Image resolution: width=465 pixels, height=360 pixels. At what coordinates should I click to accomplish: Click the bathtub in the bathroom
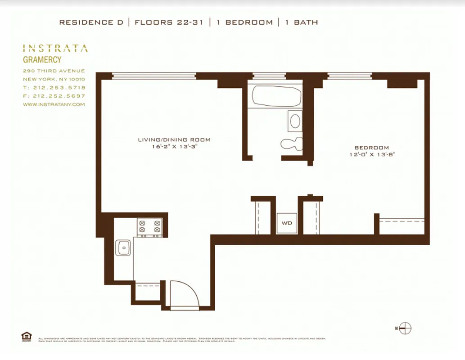pyautogui.click(x=276, y=96)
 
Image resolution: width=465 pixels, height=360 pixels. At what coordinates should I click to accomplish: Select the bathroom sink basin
pyautogui.click(x=295, y=121)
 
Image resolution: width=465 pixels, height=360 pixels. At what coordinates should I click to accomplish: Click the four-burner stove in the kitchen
pyautogui.click(x=149, y=227)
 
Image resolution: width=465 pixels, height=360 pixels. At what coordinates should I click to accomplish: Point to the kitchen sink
pyautogui.click(x=123, y=247)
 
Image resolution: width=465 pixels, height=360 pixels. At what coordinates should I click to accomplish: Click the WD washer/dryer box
pyautogui.click(x=287, y=223)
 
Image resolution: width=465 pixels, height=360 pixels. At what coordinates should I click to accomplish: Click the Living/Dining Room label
pyautogui.click(x=174, y=139)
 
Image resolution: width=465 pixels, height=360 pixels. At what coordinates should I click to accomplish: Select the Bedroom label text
pyautogui.click(x=371, y=148)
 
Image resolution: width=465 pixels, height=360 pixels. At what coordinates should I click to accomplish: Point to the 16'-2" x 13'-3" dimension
pyautogui.click(x=174, y=146)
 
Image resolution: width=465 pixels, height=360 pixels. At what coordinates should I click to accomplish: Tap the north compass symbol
pyautogui.click(x=405, y=328)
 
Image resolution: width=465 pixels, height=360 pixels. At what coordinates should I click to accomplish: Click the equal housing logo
pyautogui.click(x=26, y=336)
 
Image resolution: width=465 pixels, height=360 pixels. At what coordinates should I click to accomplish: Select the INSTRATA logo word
pyautogui.click(x=55, y=49)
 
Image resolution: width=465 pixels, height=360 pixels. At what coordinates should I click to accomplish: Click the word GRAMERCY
pyautogui.click(x=42, y=59)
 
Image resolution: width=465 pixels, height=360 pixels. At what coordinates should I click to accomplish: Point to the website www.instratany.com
pyautogui.click(x=54, y=104)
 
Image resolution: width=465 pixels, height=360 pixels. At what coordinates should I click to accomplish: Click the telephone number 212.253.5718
pyautogui.click(x=59, y=88)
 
